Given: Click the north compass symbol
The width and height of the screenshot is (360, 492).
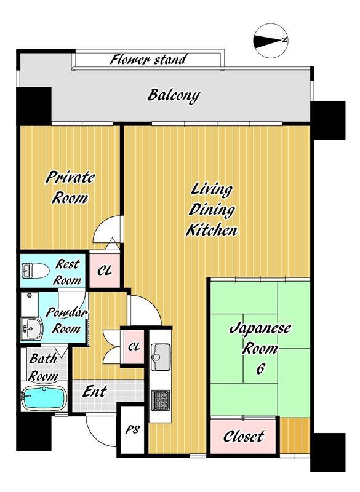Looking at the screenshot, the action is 270,41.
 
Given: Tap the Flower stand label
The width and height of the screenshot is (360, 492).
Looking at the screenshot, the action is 148,59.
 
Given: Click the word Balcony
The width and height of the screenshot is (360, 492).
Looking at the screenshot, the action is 174,95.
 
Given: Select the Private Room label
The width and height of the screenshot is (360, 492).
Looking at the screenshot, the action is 70,188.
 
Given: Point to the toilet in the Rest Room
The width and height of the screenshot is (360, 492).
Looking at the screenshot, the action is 35,270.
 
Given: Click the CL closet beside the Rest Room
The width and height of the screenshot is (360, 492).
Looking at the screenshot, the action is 105,270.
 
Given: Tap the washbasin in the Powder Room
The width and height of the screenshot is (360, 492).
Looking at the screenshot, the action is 31,328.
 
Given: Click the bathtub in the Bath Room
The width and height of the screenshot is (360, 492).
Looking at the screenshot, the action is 44,398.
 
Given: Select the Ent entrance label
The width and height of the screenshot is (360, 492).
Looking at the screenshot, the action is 95,392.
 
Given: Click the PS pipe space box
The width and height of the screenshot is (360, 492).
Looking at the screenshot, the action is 132,429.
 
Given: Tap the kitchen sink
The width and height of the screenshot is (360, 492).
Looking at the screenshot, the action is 161,352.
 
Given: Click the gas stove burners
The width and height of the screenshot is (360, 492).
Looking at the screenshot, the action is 161,400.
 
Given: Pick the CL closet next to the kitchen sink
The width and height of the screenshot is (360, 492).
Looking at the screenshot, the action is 134,347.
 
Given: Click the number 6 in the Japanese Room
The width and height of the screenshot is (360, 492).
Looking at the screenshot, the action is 260,369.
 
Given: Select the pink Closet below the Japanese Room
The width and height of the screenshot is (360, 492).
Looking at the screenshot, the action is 243,436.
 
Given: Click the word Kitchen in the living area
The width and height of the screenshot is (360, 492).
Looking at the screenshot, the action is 212,230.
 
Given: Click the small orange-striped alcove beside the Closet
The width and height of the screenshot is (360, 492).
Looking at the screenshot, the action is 295,435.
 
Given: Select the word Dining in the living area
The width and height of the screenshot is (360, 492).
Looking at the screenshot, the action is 212,210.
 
